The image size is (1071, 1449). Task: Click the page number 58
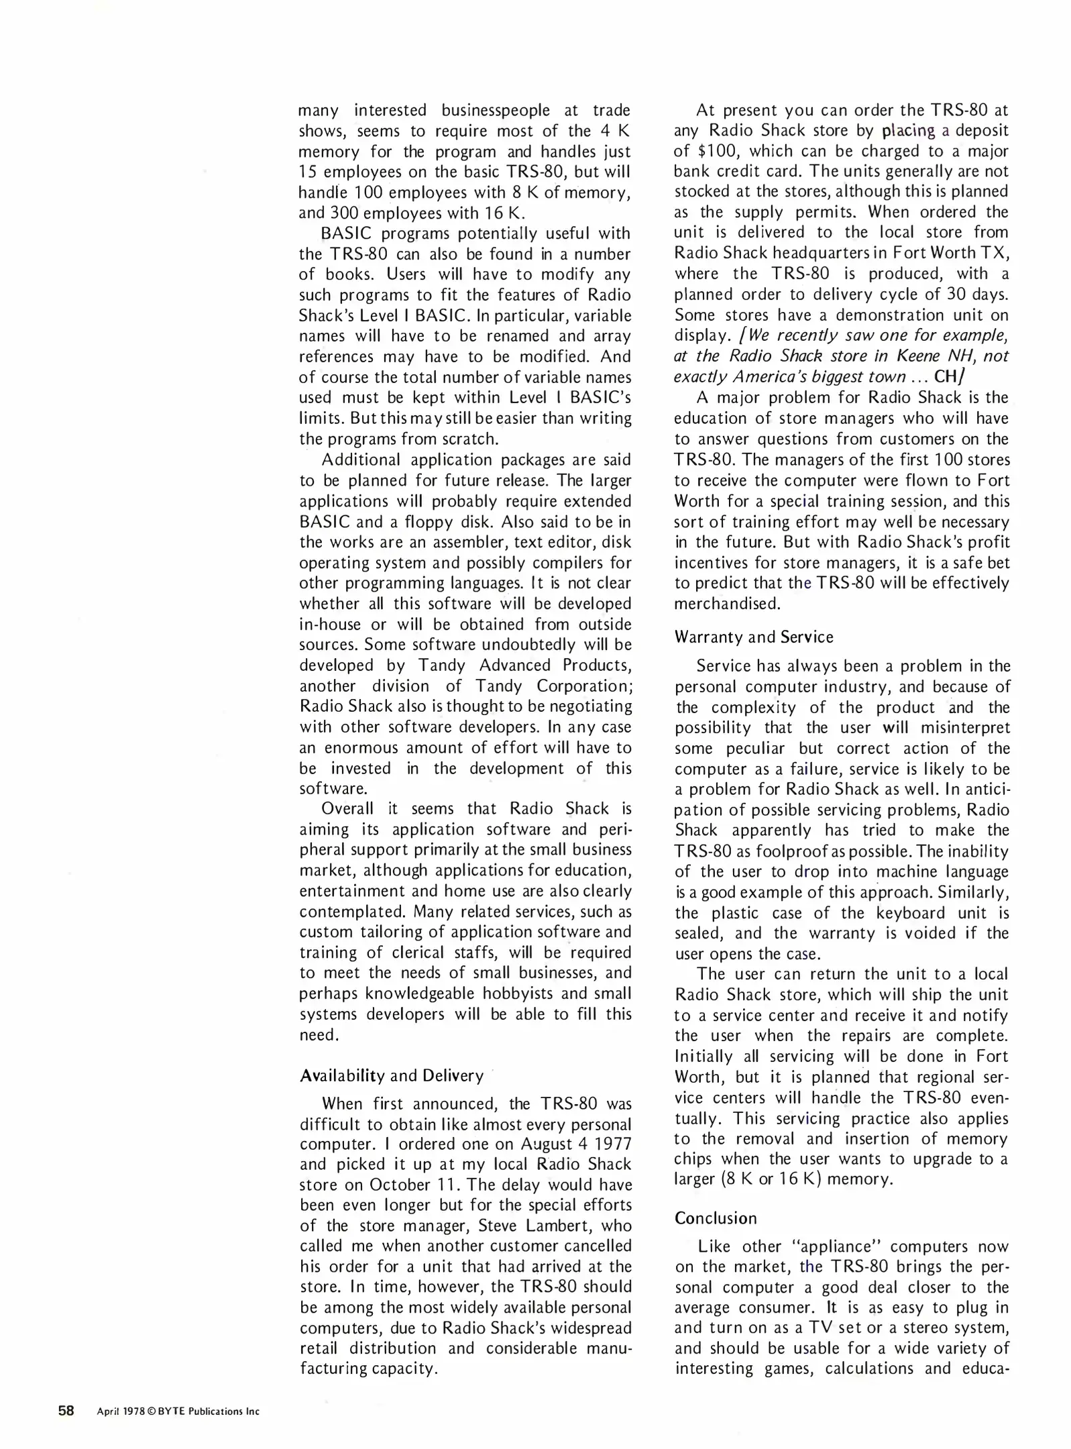(x=66, y=1410)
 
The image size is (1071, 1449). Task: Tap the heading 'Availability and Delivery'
(x=391, y=1075)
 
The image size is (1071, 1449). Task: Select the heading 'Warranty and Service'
(x=754, y=637)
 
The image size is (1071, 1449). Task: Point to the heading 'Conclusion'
(x=716, y=1218)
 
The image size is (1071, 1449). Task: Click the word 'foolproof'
(x=793, y=851)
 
